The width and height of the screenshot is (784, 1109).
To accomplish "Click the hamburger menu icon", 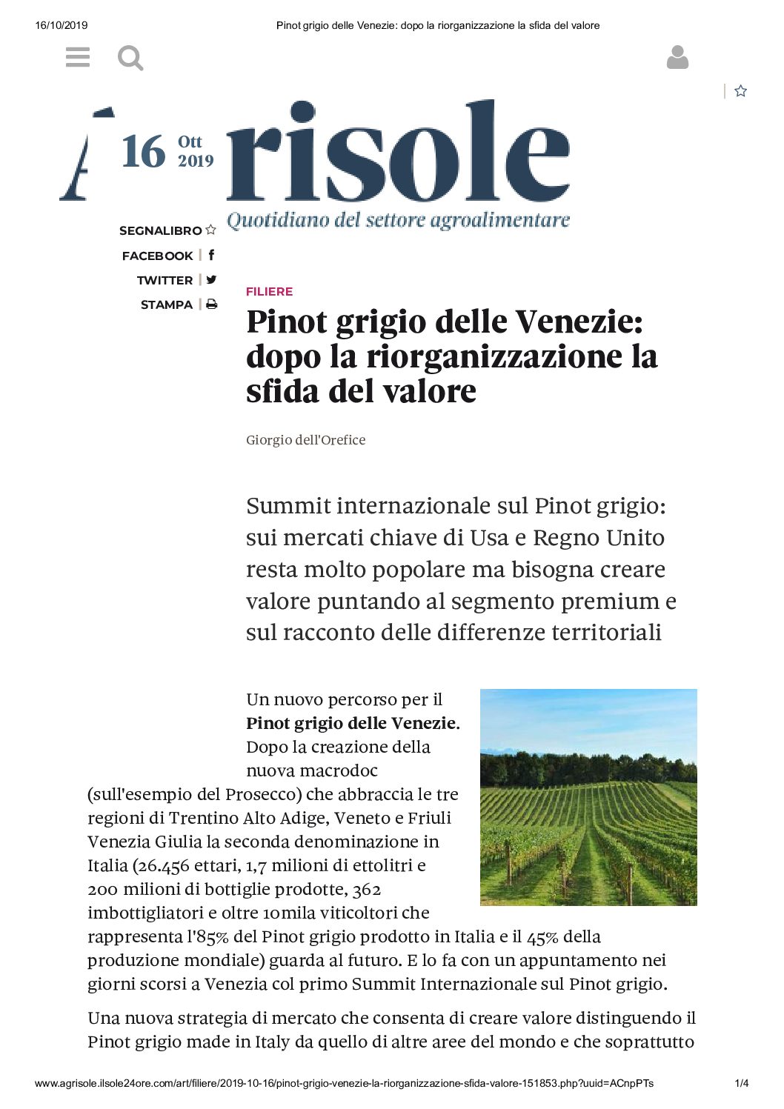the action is pos(78,57).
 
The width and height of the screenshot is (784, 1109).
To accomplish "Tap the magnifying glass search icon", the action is pos(130,58).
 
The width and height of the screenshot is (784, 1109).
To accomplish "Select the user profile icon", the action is pos(677,57).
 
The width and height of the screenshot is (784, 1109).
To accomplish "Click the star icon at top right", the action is pos(740,91).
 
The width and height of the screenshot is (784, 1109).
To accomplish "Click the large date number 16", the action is pos(143,152).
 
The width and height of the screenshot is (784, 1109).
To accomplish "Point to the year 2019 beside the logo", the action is pos(196,161).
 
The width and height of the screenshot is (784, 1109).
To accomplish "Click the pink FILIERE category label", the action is pos(269,291).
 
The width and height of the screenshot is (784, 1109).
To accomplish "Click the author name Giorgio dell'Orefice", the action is pos(305,440).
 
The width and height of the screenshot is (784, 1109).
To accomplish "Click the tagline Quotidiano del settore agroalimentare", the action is pos(398,220).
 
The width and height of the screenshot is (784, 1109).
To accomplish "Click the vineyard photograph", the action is pos(588,797).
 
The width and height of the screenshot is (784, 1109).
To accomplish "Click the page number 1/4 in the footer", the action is pos(741,1083).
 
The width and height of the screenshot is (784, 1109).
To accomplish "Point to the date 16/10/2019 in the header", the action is pos(62,25).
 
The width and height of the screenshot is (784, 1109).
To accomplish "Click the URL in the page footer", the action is pos(344,1083).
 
